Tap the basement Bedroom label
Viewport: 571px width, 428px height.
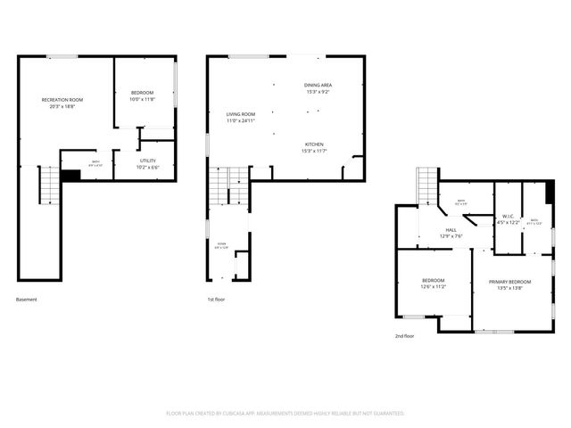pyautogui.click(x=143, y=93)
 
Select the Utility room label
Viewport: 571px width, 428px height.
pyautogui.click(x=147, y=160)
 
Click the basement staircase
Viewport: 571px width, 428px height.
pyautogui.click(x=47, y=185)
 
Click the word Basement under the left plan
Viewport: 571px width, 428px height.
pyautogui.click(x=27, y=300)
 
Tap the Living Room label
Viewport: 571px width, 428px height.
pyautogui.click(x=240, y=114)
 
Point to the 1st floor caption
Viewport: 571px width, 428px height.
pyautogui.click(x=216, y=300)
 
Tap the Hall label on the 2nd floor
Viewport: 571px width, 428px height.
pyautogui.click(x=451, y=229)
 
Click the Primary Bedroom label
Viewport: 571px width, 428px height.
pyautogui.click(x=509, y=282)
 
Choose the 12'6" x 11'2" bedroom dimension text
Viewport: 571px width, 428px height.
pyautogui.click(x=434, y=288)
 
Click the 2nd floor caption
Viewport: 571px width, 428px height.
pyautogui.click(x=405, y=336)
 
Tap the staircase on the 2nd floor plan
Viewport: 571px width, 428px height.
pyautogui.click(x=428, y=185)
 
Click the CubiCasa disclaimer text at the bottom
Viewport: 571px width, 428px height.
pyautogui.click(x=285, y=414)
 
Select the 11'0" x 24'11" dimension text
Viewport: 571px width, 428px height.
pyautogui.click(x=240, y=120)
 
